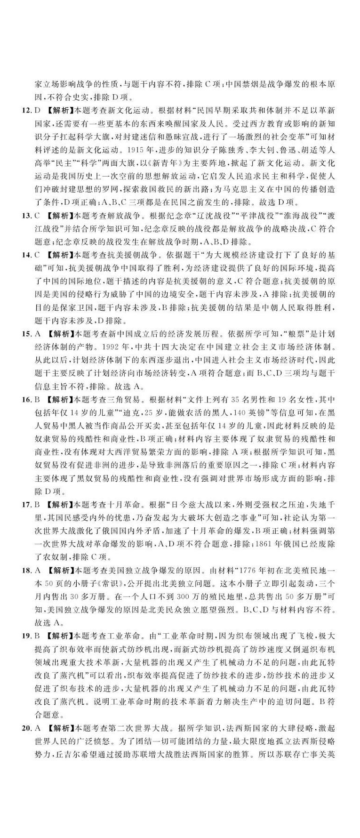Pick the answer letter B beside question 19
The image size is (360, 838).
37,638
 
